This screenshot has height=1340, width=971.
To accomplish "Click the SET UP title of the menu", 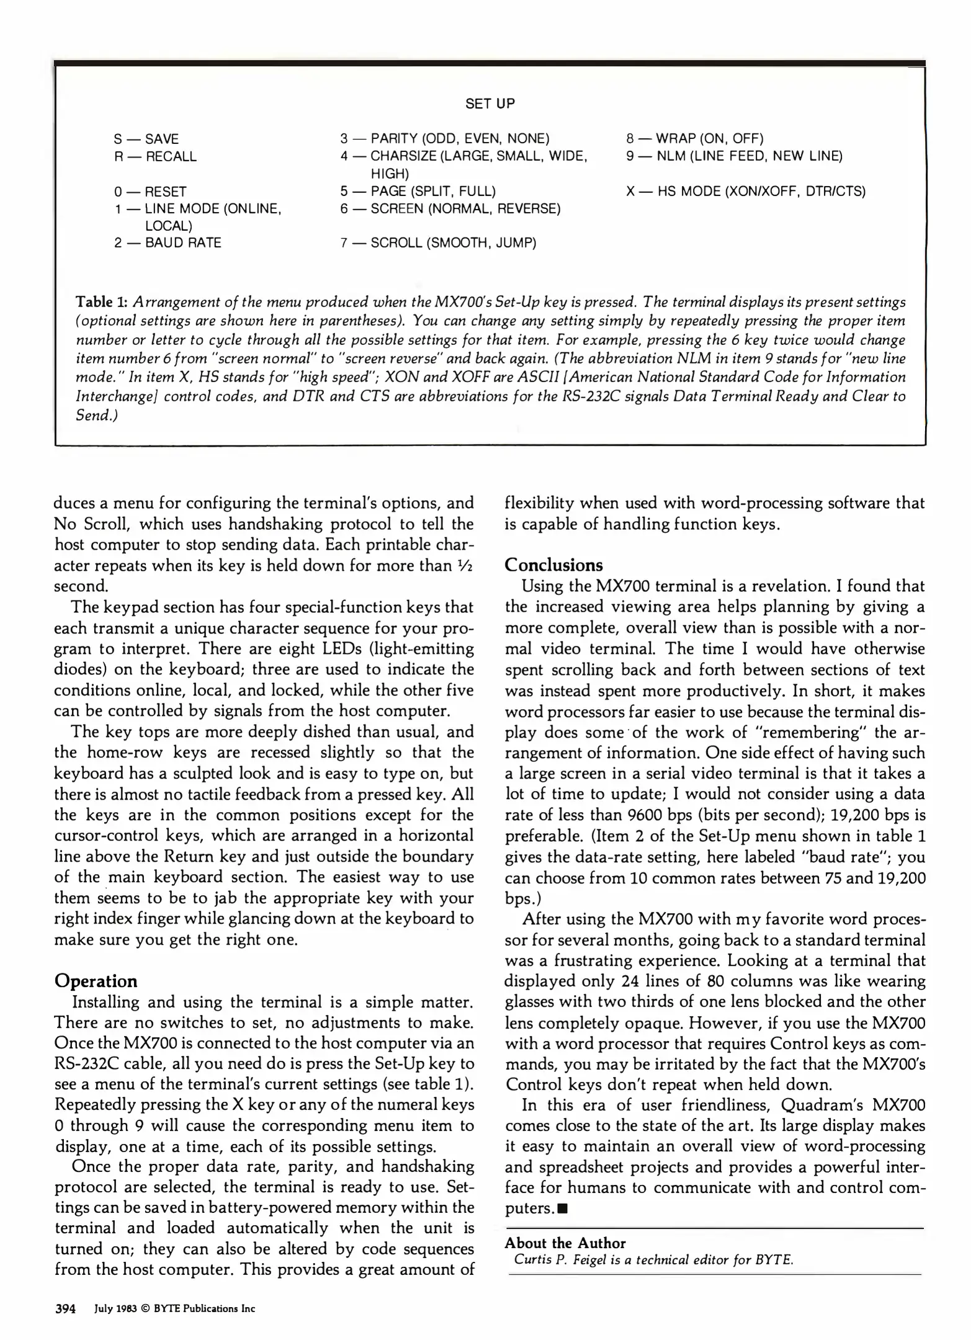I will point(490,104).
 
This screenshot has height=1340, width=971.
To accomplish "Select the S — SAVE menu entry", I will point(146,139).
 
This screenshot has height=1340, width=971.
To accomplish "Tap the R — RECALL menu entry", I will point(155,157).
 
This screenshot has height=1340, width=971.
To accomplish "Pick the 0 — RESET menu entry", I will point(150,192).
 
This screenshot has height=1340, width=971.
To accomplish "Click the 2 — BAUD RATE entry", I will point(168,243).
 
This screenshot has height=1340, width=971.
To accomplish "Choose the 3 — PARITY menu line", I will point(444,138).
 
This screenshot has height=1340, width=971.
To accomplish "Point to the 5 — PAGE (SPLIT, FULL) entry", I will point(418,191).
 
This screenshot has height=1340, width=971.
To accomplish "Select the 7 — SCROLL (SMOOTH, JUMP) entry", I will point(438,243).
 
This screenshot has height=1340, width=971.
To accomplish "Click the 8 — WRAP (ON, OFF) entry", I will point(694,138).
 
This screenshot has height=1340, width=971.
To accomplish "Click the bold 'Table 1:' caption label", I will point(102,302).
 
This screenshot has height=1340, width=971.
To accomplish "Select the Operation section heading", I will point(96,981).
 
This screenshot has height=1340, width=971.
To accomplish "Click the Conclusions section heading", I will point(553,565).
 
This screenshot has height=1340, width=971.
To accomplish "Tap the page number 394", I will point(65,1309).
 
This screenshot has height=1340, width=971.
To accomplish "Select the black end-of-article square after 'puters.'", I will point(562,1208).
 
